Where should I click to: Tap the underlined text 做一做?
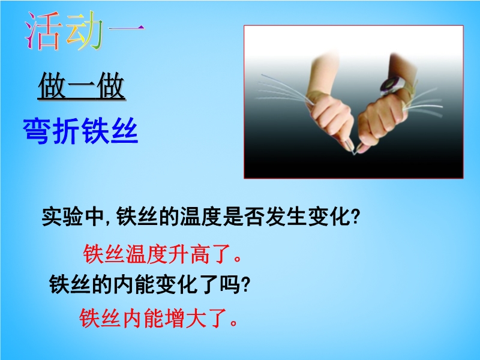82,86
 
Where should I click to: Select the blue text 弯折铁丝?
80,131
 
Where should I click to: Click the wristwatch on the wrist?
391,86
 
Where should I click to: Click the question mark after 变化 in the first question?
355,217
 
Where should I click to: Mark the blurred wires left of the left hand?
283,89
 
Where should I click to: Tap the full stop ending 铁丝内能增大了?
234,323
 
